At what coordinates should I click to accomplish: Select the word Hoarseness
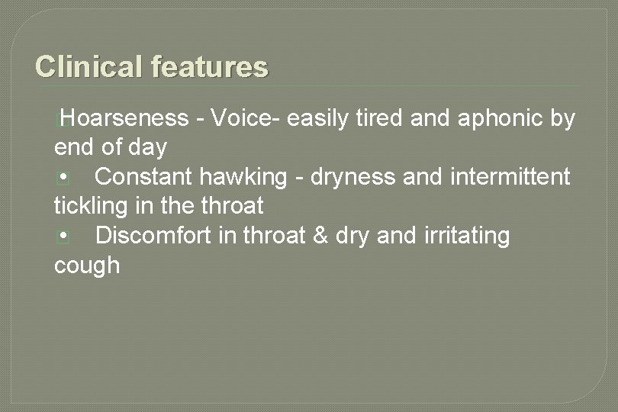[126, 118]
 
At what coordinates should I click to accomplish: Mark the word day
[148, 147]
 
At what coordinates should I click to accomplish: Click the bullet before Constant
[64, 178]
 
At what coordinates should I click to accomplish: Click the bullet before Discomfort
[64, 237]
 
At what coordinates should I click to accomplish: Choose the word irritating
[465, 237]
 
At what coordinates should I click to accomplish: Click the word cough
[87, 266]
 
